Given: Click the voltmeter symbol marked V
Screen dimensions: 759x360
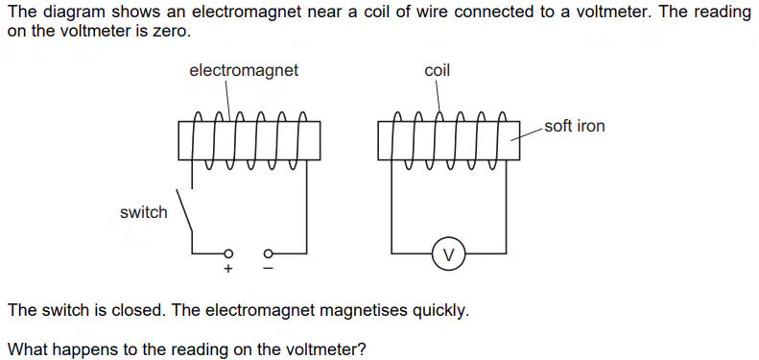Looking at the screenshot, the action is point(448,253).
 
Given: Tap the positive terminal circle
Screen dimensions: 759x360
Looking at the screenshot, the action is point(229,252).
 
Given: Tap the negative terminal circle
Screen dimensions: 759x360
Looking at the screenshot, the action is point(268,252).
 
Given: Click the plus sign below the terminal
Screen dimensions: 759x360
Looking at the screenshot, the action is point(228,269).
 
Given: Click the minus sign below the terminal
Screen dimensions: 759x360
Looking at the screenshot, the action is point(268,269).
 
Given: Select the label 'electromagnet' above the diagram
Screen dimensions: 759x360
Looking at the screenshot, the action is point(244,71).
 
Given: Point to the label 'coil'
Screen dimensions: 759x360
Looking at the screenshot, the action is point(438,71).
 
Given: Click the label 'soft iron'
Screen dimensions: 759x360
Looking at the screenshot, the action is point(575,127).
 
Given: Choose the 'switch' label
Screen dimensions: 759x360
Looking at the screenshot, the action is point(144,212).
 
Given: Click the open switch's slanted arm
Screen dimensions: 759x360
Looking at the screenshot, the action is point(184,211).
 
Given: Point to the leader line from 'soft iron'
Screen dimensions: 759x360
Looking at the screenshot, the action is point(527,133).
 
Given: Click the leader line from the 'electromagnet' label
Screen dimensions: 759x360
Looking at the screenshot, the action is point(227,99).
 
